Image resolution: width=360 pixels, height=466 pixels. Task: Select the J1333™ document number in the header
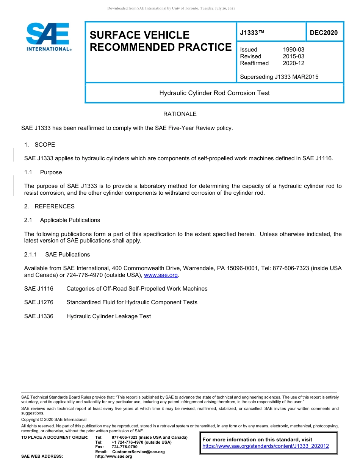click(x=252, y=33)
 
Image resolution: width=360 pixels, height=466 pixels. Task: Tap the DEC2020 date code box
click(x=324, y=33)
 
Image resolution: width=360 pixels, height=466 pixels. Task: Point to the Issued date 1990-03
click(x=293, y=50)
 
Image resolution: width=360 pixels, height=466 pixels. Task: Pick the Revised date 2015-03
click(x=293, y=56)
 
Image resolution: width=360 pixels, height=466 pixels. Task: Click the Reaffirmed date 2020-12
click(x=293, y=63)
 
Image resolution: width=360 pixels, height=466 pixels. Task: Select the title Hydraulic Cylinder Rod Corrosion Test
click(x=214, y=93)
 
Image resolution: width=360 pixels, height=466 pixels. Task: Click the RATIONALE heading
click(x=180, y=114)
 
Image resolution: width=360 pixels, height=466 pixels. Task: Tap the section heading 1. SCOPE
click(x=39, y=145)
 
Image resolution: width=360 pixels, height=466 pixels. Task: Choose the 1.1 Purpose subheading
click(x=43, y=172)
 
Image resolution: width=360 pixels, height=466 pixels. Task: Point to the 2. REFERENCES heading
click(x=49, y=206)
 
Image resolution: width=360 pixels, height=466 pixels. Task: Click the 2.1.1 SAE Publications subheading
click(x=57, y=255)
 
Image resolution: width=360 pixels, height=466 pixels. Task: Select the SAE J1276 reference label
click(x=39, y=302)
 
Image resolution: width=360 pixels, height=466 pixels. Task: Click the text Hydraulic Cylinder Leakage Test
click(x=109, y=316)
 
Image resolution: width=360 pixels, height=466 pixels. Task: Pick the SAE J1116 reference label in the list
click(x=39, y=289)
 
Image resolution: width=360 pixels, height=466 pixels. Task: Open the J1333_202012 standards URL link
click(x=266, y=446)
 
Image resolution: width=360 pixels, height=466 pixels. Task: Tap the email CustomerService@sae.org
click(x=138, y=452)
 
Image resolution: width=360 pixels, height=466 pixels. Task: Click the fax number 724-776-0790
click(x=124, y=447)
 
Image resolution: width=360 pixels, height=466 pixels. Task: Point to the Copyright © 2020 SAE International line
click(x=54, y=419)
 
